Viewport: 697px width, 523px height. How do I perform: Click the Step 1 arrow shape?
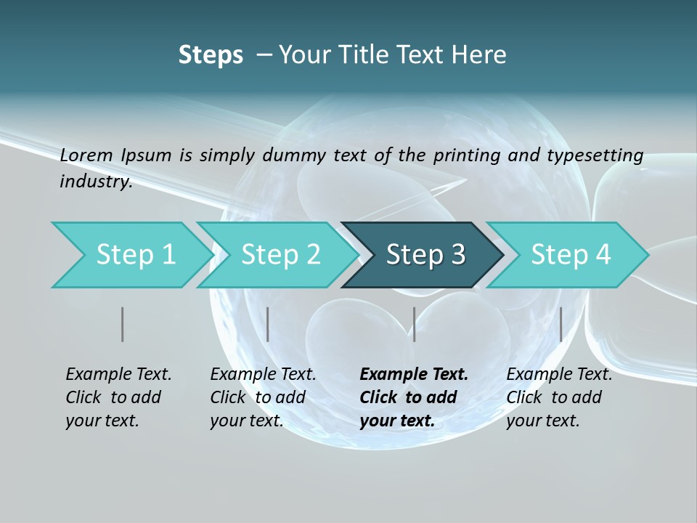tap(131, 255)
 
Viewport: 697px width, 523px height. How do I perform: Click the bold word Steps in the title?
tap(211, 55)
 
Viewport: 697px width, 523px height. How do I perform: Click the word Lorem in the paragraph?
tap(86, 155)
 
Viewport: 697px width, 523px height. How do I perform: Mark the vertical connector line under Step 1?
tap(123, 324)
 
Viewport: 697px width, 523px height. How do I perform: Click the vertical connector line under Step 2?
tap(268, 324)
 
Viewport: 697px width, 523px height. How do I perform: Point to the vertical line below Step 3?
tap(414, 324)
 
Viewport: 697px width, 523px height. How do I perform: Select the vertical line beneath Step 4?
tap(561, 324)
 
